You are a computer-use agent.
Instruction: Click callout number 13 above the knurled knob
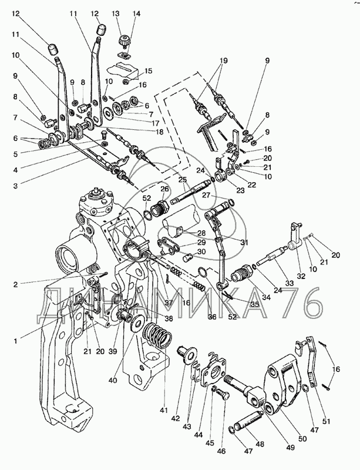pyautogui.click(x=116, y=14)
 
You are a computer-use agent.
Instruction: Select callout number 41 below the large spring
pyautogui.click(x=164, y=410)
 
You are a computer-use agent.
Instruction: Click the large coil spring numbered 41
pyautogui.click(x=157, y=335)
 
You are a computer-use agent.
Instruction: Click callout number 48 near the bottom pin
pyautogui.click(x=260, y=443)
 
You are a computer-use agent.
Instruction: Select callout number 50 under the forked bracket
pyautogui.click(x=303, y=439)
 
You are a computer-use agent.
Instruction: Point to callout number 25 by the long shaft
pyautogui.click(x=183, y=180)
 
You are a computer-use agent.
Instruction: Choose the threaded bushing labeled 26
pyautogui.click(x=160, y=209)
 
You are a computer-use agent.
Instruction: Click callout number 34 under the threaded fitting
pyautogui.click(x=266, y=297)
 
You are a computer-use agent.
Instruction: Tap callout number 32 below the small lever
pyautogui.click(x=301, y=276)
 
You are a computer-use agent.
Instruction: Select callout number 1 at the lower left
pyautogui.click(x=16, y=341)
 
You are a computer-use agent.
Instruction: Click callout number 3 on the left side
pyautogui.click(x=15, y=186)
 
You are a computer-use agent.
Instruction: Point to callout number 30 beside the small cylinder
pyautogui.click(x=201, y=252)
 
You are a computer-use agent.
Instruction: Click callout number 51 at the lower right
pyautogui.click(x=326, y=421)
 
